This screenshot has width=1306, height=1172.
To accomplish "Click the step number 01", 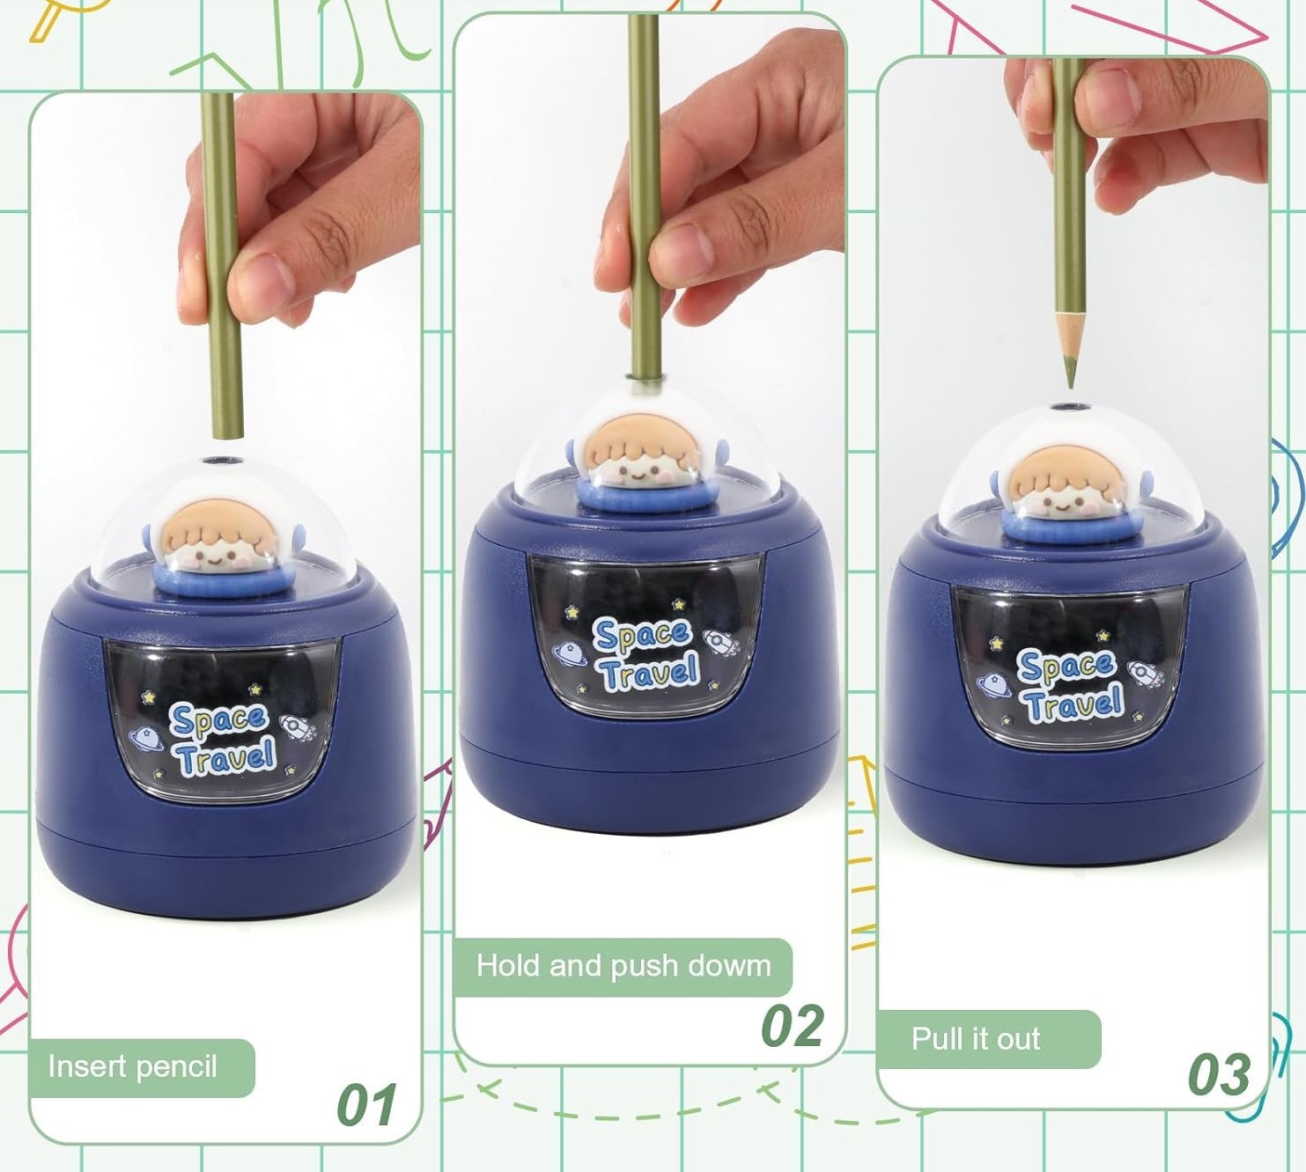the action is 366,1104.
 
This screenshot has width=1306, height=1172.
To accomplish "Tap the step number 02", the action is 793,1026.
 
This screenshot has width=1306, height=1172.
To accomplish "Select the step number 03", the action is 1219,1074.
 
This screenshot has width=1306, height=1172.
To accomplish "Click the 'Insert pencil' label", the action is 133,1066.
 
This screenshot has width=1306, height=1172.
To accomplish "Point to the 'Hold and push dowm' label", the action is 623,966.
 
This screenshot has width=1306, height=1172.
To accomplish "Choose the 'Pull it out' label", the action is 975,1038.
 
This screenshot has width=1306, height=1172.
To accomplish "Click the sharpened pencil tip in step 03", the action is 1070,380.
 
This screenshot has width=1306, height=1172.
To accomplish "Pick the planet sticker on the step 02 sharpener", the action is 568,654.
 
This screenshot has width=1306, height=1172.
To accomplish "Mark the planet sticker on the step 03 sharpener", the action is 992,685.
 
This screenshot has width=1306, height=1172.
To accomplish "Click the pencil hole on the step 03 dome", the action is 1070,408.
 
